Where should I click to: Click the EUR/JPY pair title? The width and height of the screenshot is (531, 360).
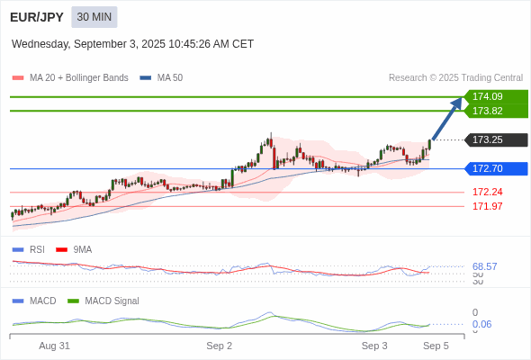[x=37, y=17]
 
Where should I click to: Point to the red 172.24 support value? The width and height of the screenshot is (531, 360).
[x=487, y=192]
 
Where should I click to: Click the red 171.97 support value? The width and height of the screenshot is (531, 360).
[x=487, y=206]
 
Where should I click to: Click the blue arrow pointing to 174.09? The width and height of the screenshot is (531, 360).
[x=447, y=119]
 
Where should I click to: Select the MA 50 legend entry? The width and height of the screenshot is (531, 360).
[x=161, y=78]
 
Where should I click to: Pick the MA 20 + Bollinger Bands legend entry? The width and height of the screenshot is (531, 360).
[x=70, y=78]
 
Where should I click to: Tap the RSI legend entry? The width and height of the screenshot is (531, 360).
[x=29, y=249]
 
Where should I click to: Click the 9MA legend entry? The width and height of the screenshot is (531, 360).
[x=74, y=249]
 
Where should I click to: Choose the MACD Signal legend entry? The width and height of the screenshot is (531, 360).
[x=103, y=301]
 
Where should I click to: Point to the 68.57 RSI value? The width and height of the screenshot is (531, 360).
[x=484, y=266]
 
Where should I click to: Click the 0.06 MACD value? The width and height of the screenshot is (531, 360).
[x=481, y=324]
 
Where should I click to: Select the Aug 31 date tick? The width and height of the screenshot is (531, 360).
[x=54, y=346]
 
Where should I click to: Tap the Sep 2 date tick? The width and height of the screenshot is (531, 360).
[x=219, y=346]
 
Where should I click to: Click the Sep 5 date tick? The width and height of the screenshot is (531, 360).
[x=436, y=346]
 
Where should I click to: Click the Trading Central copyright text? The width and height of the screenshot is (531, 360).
[x=455, y=78]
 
